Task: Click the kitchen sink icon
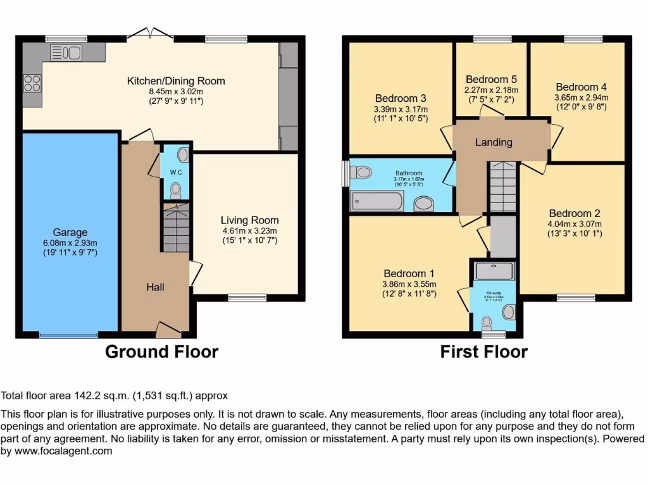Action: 66,53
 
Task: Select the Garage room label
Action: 70,232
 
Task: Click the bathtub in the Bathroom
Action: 378,201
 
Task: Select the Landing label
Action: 494,142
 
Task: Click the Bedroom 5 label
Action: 491,79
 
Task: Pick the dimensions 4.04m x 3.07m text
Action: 575,224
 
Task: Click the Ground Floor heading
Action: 161,352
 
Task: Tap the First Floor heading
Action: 483,352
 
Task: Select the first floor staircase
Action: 503,186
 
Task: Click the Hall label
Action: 155,287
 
